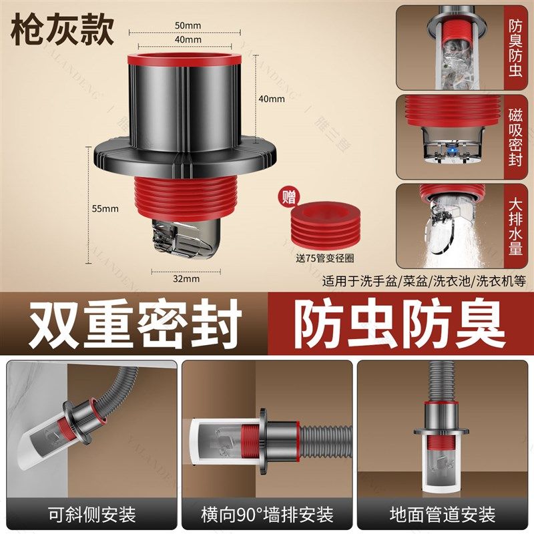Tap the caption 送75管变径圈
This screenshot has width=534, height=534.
tap(324, 260)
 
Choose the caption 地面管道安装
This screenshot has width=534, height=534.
tap(443, 515)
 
